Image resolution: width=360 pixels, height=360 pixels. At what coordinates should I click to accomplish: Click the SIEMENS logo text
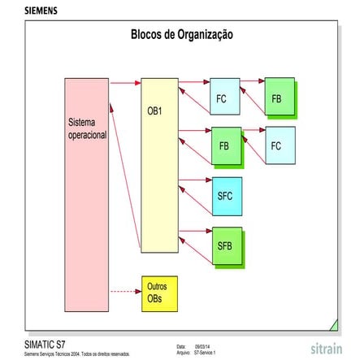(x=41, y=11)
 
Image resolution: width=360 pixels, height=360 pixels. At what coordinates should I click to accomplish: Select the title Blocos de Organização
(x=182, y=34)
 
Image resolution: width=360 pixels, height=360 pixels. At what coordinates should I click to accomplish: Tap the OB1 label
(x=154, y=110)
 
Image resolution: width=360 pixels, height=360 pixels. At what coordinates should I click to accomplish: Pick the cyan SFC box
(x=225, y=195)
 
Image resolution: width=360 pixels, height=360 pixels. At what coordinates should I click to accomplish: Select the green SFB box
(x=225, y=244)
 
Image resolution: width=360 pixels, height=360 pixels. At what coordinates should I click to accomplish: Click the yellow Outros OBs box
(x=158, y=293)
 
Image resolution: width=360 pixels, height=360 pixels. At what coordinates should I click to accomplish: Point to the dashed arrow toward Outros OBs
(x=125, y=291)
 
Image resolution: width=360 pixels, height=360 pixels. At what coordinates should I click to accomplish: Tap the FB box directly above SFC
(x=225, y=145)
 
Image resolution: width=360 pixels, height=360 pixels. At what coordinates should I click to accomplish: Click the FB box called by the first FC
(x=278, y=97)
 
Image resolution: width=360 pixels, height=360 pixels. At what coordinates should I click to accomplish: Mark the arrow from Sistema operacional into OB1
(x=125, y=83)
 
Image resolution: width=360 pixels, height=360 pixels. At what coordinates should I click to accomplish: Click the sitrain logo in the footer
(x=326, y=349)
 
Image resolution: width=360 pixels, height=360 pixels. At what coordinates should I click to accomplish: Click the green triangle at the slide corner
(x=333, y=325)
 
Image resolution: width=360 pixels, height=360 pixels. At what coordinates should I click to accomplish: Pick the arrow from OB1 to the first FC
(x=194, y=81)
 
